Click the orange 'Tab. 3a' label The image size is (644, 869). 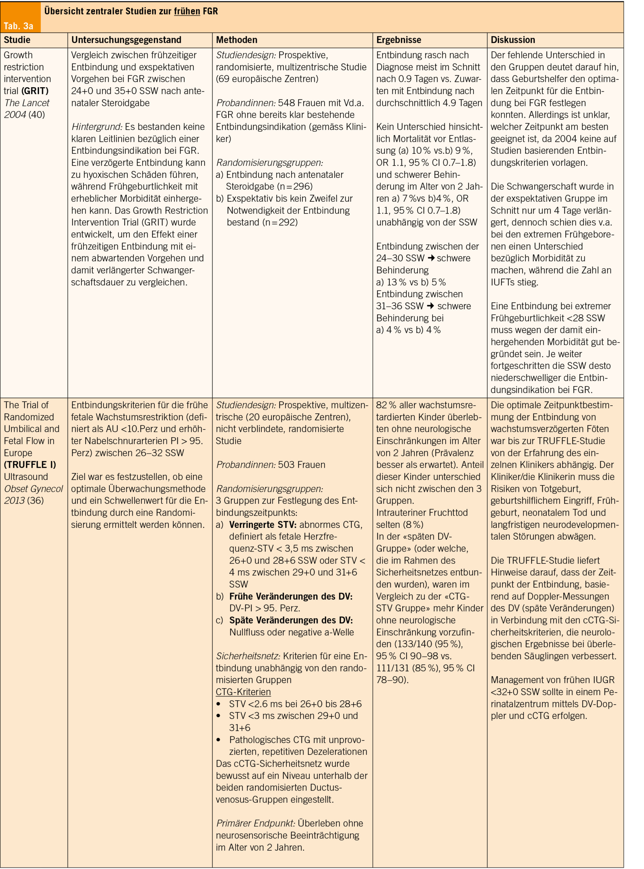point(18,26)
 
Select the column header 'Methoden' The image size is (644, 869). point(237,40)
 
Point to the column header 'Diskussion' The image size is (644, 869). point(513,40)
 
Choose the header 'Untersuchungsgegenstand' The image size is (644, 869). point(126,40)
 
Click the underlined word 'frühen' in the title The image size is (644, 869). point(187,11)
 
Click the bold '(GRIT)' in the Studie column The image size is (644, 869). point(35,91)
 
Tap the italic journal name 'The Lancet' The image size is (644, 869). point(27,103)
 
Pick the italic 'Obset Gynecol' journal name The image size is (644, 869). point(34,489)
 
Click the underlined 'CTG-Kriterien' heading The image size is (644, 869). point(243,692)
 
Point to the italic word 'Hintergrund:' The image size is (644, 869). point(97,127)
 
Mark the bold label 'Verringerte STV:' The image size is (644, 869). point(263,524)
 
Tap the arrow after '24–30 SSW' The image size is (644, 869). point(431,258)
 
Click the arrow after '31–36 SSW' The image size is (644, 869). point(431,306)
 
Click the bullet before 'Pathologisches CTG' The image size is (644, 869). point(219,740)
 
